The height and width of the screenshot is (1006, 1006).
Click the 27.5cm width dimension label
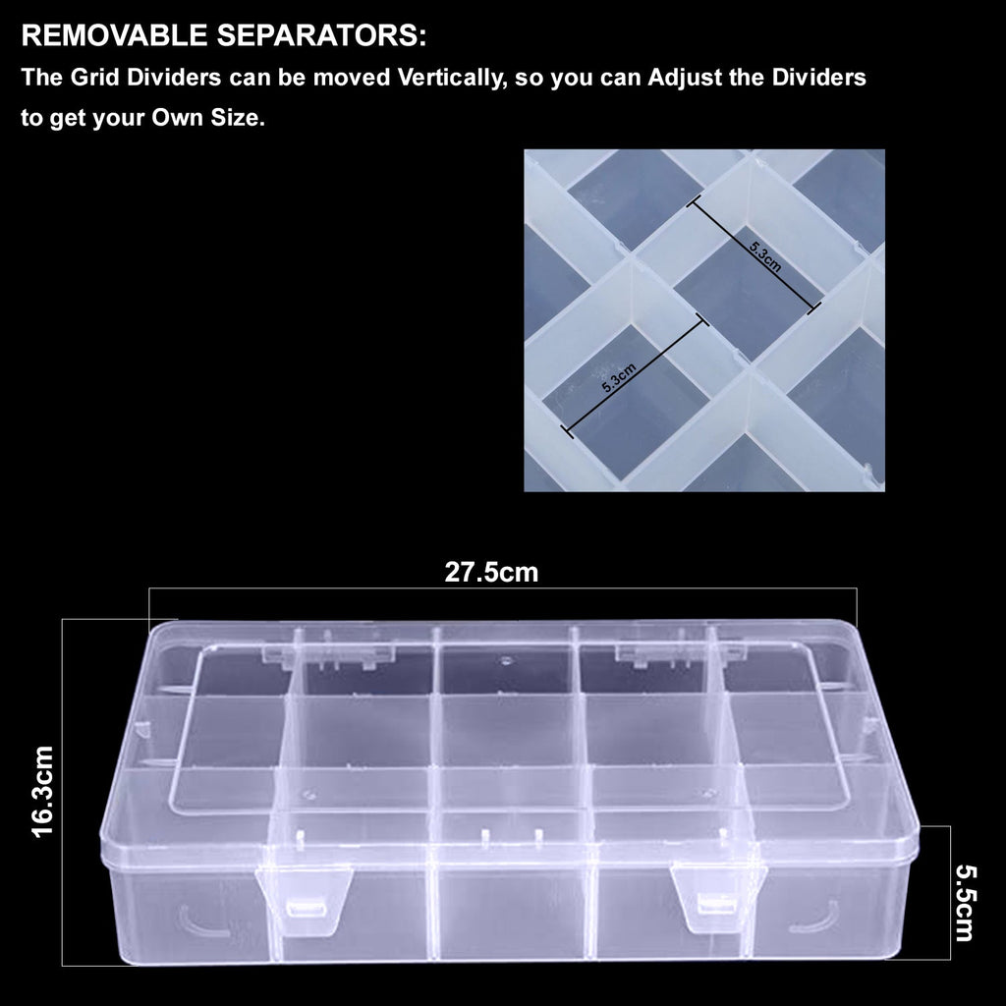click(x=491, y=573)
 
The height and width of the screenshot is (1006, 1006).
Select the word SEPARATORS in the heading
click(x=329, y=38)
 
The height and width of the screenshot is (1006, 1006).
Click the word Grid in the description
click(x=90, y=79)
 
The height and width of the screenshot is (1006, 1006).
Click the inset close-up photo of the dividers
click(x=703, y=320)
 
